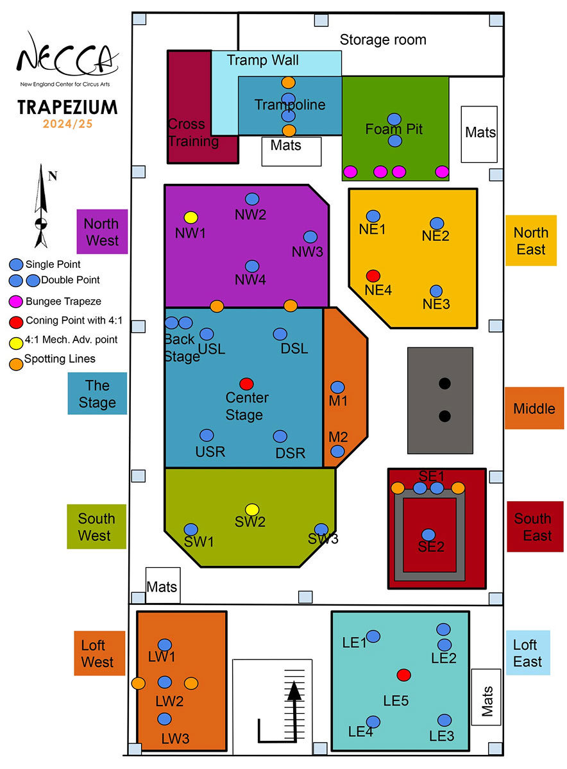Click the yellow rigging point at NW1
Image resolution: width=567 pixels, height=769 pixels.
190,217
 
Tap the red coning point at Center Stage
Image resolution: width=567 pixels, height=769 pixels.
246,384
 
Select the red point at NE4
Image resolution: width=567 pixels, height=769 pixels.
373,276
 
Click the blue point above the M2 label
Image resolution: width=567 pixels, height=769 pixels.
337,451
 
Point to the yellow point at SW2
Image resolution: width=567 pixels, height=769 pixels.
252,509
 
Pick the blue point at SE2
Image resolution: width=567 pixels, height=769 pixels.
428,534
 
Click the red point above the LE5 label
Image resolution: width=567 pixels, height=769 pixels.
403,674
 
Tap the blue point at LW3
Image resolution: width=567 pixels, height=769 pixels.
165,719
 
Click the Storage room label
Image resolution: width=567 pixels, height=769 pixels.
383,40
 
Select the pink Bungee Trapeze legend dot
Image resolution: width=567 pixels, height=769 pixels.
15,300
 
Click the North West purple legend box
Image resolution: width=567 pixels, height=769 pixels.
101,231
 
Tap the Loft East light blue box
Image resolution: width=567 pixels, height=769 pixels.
528,653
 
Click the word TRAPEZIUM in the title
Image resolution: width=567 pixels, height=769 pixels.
68,106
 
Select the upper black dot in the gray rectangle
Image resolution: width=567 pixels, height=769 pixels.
444,384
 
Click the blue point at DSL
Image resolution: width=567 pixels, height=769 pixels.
280,335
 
